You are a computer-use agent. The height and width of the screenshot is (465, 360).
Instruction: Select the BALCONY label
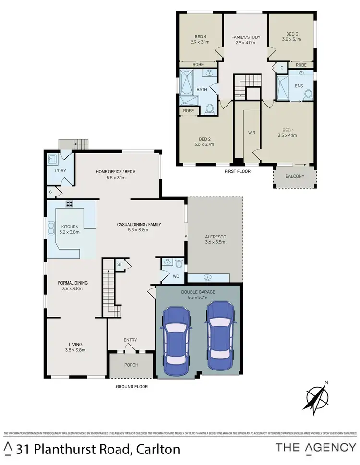point(295,176)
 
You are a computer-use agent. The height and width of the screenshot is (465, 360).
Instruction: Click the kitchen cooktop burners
point(69,203)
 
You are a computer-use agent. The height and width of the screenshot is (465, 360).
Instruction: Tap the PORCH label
point(131,365)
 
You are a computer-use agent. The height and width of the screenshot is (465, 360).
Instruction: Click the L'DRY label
point(60,171)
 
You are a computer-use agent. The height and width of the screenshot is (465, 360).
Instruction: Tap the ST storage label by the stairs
point(120,264)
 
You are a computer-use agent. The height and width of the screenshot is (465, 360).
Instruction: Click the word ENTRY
point(131,340)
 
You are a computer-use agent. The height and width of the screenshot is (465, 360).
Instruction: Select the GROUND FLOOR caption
point(132,386)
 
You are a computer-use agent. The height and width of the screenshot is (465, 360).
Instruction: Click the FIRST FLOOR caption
point(237,171)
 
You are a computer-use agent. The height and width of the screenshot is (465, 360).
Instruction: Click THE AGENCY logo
point(315,447)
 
